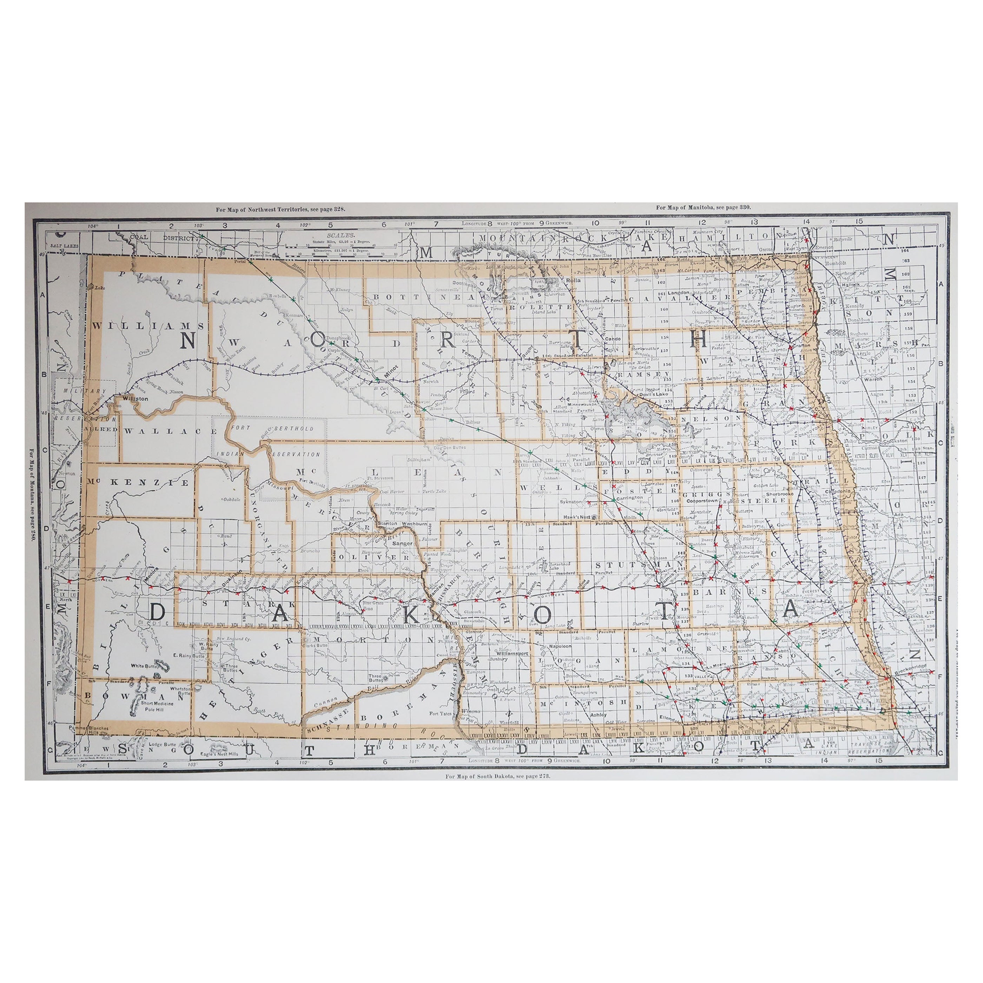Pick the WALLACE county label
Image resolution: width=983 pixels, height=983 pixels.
171,430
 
